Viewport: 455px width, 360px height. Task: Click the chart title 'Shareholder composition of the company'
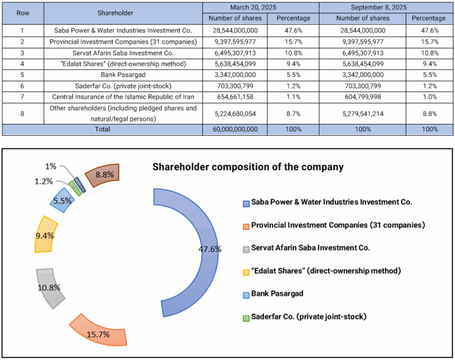pos(248,167)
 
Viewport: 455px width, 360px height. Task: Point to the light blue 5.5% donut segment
pos(62,200)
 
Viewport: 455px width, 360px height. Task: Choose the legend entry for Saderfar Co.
pos(308,316)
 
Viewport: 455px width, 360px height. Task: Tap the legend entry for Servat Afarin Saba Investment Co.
pos(310,247)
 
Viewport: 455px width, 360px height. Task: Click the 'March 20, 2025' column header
pos(261,7)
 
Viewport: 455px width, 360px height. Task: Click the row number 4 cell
pos(22,64)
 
